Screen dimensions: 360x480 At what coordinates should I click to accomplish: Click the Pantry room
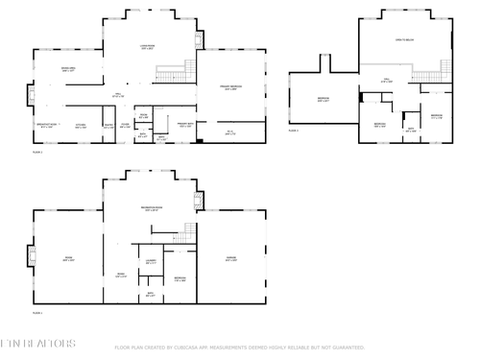click(x=108, y=126)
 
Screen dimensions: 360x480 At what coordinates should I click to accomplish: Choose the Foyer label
click(x=125, y=125)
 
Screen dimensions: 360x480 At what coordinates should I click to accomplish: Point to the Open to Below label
click(x=405, y=40)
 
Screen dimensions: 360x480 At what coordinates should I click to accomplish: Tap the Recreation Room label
click(x=150, y=208)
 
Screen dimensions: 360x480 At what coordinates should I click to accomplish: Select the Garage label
click(x=230, y=257)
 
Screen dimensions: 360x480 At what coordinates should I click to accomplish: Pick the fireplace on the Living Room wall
click(x=199, y=39)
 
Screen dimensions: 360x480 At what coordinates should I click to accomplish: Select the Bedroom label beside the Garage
click(x=180, y=278)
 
